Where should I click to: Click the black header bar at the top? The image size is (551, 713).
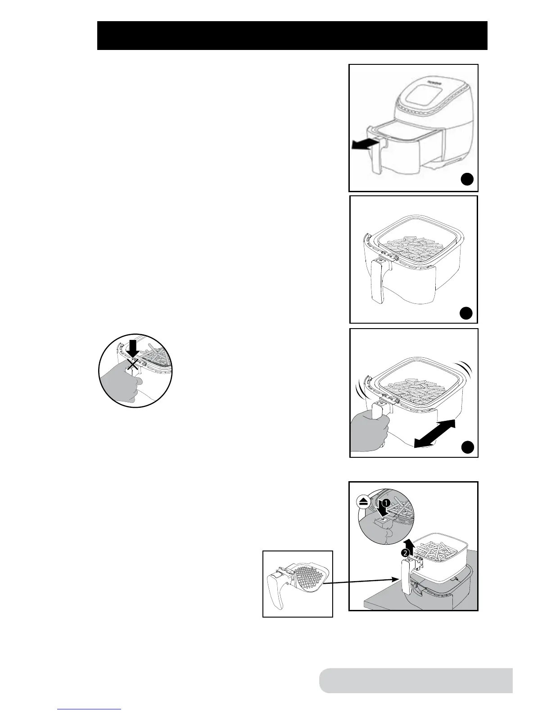[292, 35]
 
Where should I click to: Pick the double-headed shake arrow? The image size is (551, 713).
[435, 434]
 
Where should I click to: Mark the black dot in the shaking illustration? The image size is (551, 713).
[467, 447]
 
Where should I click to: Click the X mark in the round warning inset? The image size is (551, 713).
[132, 367]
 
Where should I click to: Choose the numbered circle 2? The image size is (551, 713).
[406, 552]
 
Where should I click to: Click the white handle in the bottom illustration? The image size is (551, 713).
[406, 578]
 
